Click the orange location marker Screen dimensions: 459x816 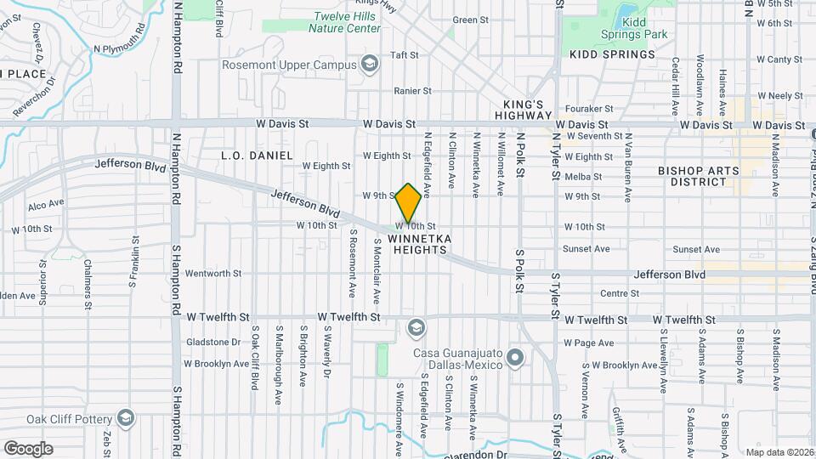(x=408, y=202)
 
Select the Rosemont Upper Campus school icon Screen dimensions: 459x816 (x=369, y=64)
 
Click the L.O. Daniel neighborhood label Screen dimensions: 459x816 (x=257, y=156)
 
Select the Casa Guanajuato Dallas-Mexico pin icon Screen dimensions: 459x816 (x=513, y=358)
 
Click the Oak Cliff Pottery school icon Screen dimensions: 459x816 (x=126, y=418)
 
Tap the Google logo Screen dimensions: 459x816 (x=28, y=448)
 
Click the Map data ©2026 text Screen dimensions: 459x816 (x=779, y=452)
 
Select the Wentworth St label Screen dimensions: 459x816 (x=213, y=274)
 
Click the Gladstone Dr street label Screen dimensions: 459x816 (x=213, y=342)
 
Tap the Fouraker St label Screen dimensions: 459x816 (x=590, y=109)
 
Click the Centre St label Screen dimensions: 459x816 (x=619, y=293)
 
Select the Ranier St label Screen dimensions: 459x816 (x=413, y=90)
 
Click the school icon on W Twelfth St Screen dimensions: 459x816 (x=416, y=327)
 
